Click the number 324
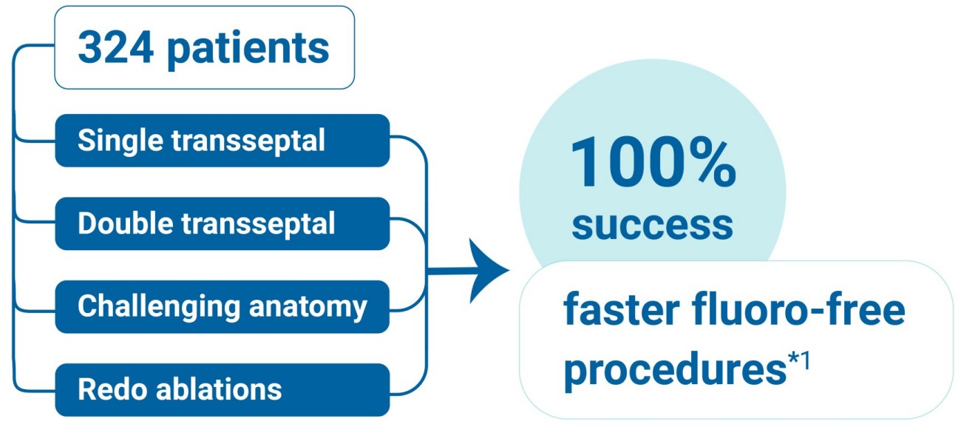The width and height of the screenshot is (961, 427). [115, 48]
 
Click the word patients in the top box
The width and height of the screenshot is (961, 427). [248, 50]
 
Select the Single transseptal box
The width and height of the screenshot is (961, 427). [222, 141]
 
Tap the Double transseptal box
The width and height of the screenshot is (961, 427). [222, 223]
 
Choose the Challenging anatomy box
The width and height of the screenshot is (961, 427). [222, 306]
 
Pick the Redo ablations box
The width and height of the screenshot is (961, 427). [222, 389]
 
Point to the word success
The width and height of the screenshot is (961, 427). [652, 225]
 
